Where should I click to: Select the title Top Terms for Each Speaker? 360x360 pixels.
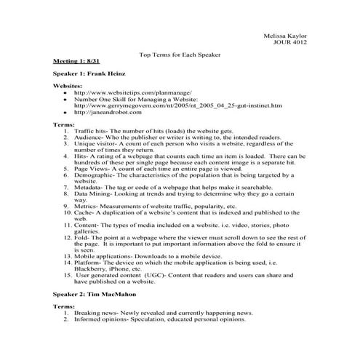pyautogui.click(x=179, y=55)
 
